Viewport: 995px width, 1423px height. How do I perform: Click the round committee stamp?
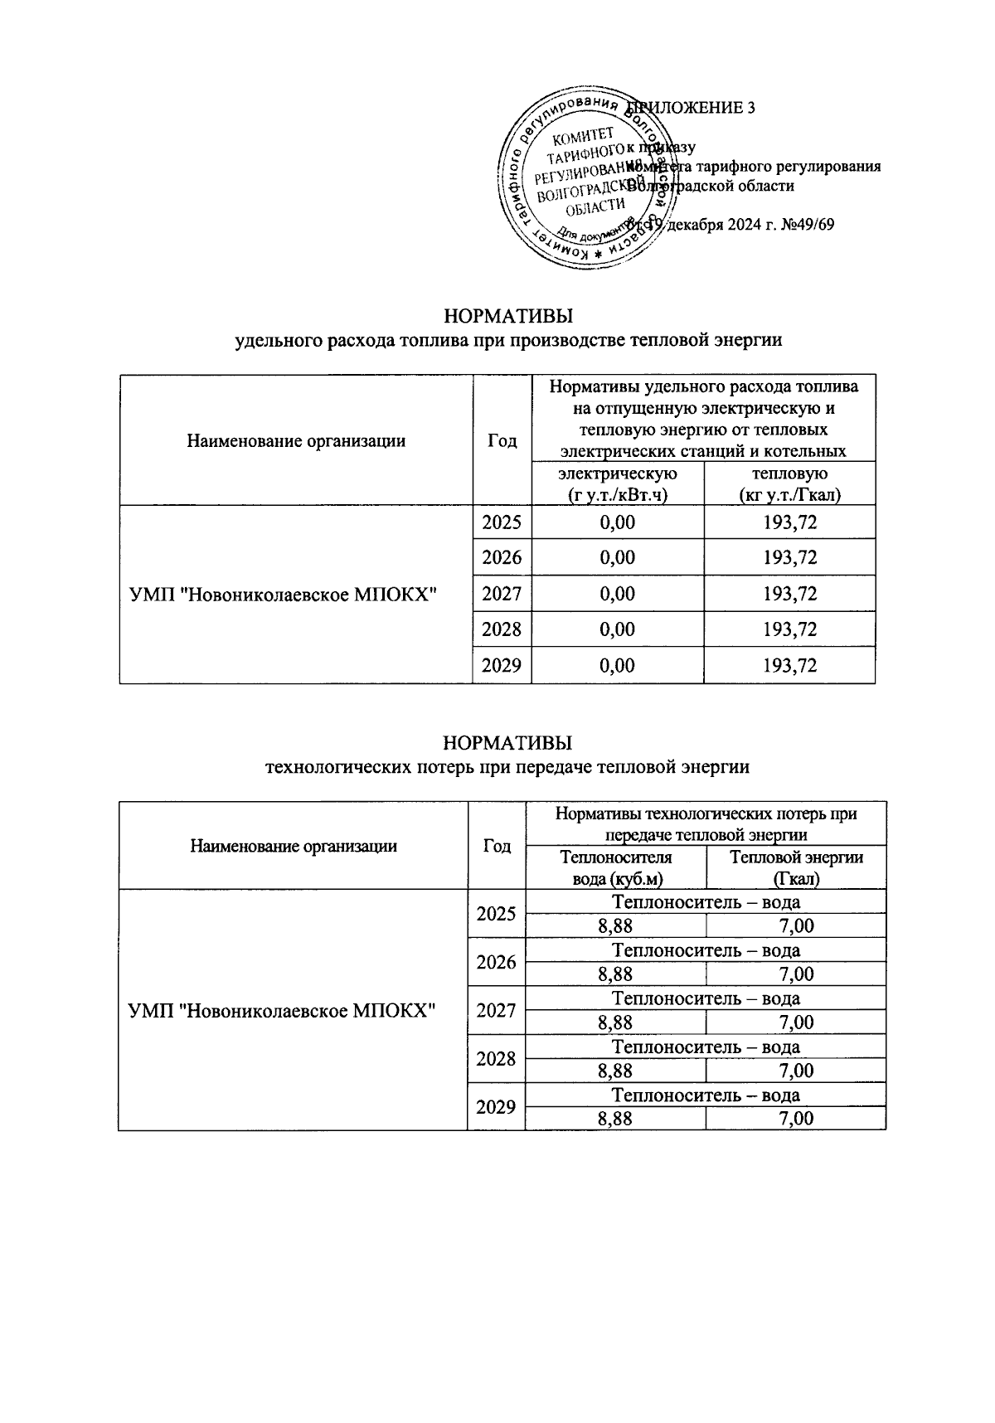[585, 182]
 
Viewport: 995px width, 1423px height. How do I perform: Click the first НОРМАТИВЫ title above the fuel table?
[508, 317]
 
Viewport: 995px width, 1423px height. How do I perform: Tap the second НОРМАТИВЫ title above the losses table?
[507, 741]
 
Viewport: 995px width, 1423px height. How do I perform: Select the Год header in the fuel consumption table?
[502, 440]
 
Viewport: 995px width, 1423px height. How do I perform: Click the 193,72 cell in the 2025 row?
[789, 522]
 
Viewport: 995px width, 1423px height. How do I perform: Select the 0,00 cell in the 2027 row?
[617, 594]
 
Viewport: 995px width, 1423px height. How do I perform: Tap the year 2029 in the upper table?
[502, 665]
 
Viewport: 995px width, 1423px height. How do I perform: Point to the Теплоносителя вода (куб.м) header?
[616, 867]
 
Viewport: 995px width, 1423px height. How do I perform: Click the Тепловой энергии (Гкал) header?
[796, 867]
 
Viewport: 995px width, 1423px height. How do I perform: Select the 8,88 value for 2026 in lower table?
[615, 974]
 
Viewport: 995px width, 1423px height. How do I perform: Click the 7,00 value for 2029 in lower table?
[796, 1118]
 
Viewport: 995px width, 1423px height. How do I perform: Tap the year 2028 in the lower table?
[496, 1059]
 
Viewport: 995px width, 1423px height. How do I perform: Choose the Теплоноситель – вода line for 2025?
[706, 901]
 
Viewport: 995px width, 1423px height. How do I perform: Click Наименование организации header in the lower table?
[294, 846]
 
